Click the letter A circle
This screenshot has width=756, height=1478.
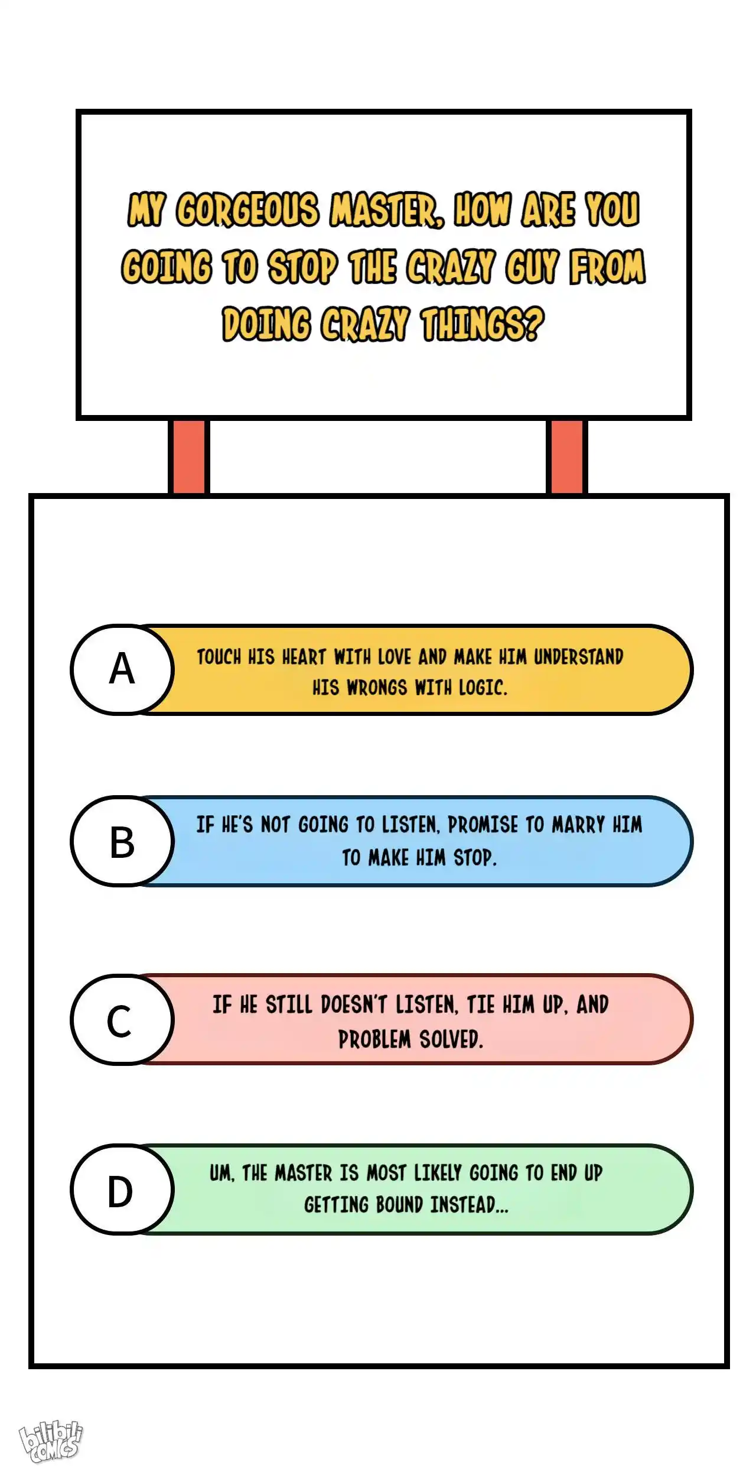click(x=122, y=669)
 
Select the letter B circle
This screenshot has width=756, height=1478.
click(x=122, y=841)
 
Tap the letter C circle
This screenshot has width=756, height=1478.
click(x=122, y=1019)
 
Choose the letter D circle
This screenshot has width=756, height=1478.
click(x=122, y=1189)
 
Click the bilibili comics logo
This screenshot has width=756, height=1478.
click(x=51, y=1443)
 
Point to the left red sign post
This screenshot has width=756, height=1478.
click(x=189, y=456)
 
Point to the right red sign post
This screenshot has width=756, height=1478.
click(x=566, y=456)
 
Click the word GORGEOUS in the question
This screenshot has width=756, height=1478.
click(x=247, y=209)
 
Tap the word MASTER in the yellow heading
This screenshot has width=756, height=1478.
click(x=387, y=209)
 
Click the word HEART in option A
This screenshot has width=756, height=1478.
click(x=304, y=657)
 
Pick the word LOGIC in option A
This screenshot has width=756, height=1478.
click(x=483, y=688)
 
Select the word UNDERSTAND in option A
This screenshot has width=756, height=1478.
click(x=579, y=657)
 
